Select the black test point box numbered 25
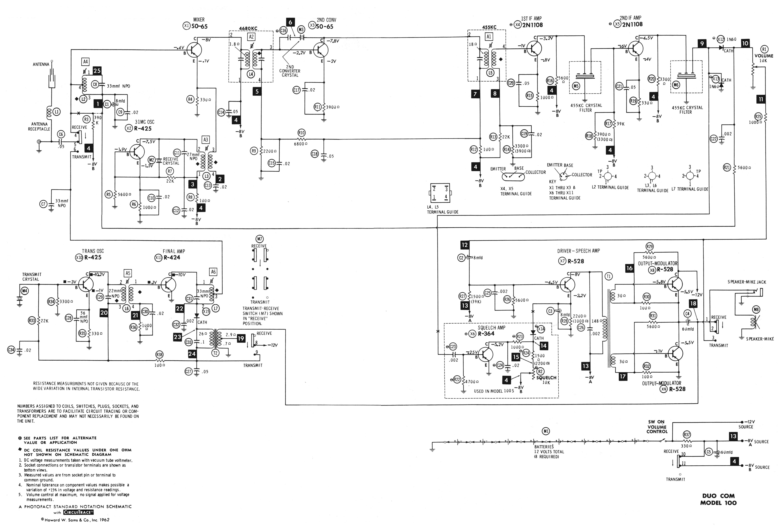coord(97,71)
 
